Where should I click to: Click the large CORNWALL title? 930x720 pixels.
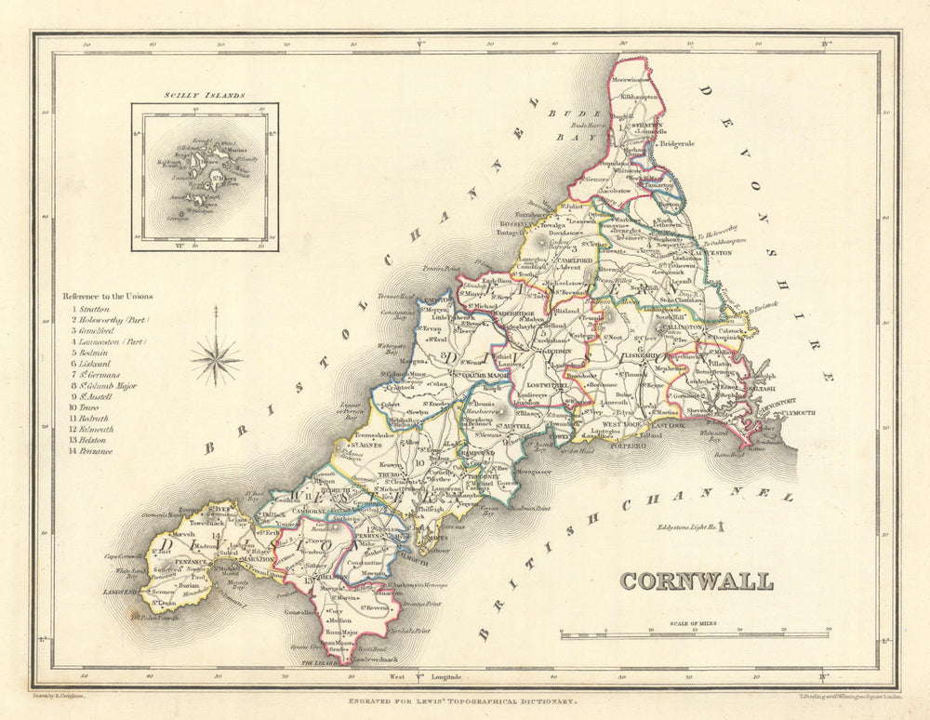697,581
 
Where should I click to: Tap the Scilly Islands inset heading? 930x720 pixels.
204,95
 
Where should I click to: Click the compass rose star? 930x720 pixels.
216,359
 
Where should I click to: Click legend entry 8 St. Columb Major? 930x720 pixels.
108,383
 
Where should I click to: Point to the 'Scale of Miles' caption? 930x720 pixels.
695,624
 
